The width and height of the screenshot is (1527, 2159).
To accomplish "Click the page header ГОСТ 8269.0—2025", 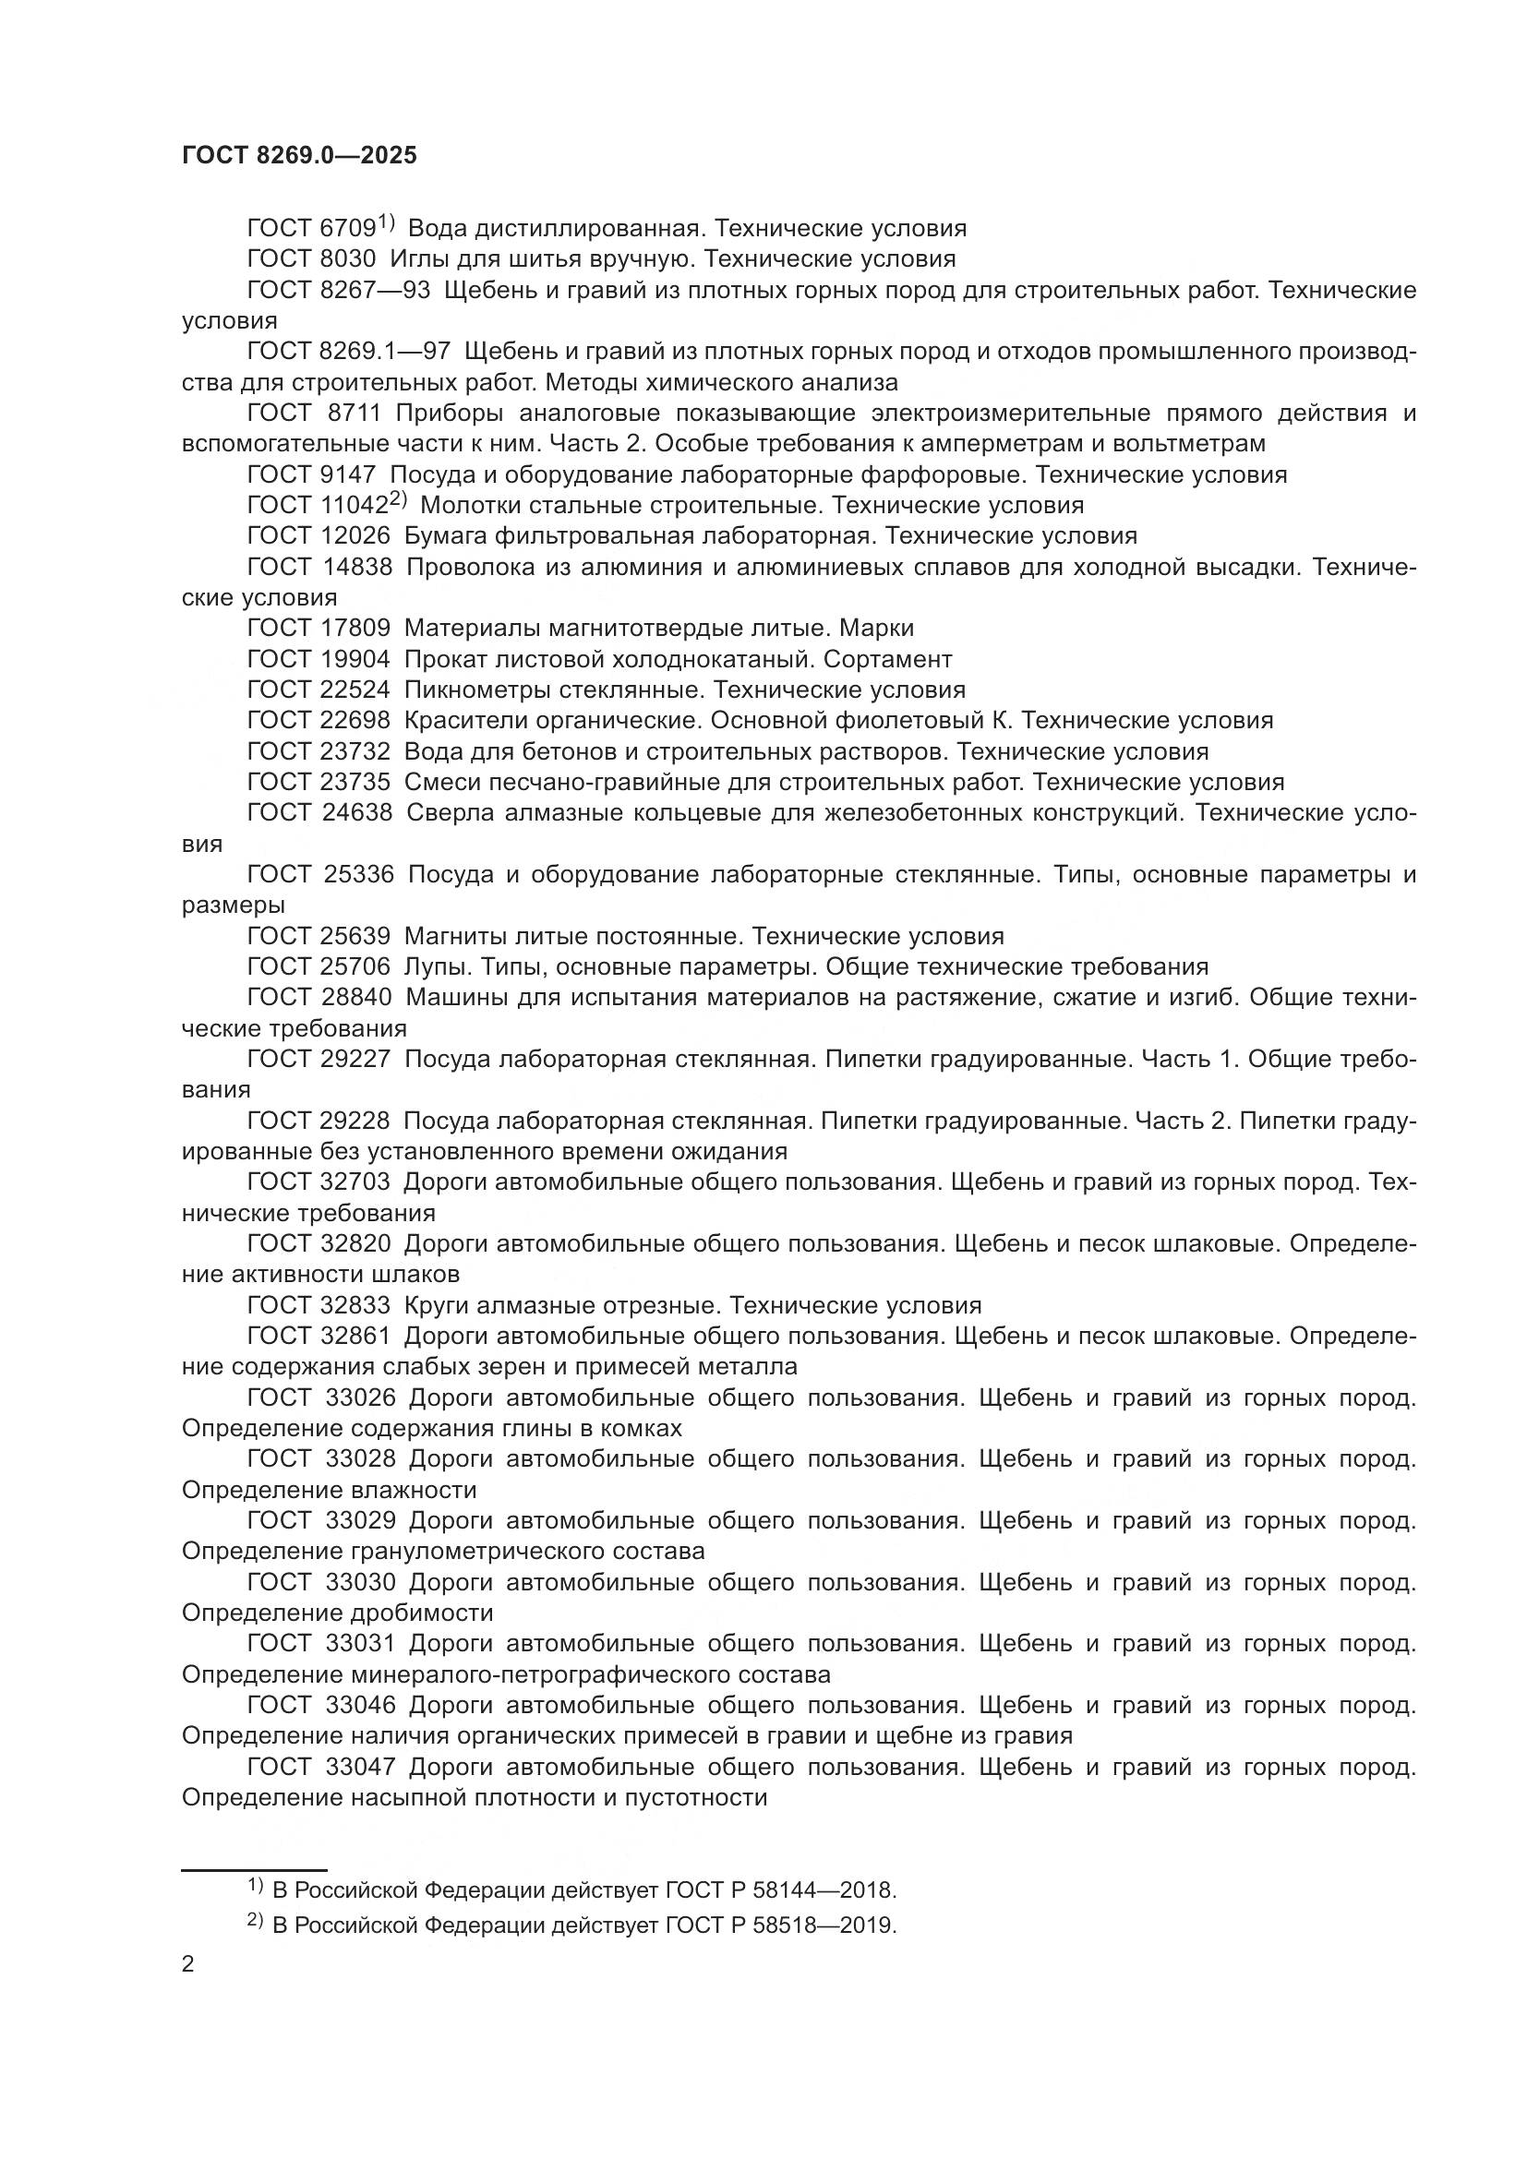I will pos(299,155).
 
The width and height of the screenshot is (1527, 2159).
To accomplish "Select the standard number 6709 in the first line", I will pos(348,229).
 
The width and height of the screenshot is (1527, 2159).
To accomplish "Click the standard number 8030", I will pos(348,259).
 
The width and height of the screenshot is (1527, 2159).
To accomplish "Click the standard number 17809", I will pos(355,629).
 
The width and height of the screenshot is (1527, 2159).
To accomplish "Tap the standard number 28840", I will pos(355,998).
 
